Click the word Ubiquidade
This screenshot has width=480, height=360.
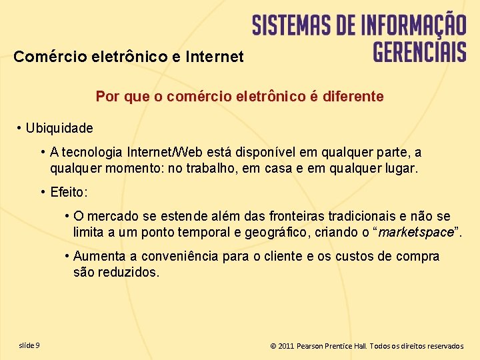(x=59, y=127)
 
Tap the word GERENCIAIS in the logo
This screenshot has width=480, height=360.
(x=419, y=51)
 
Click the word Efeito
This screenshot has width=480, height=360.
(x=68, y=193)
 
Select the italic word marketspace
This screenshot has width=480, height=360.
(x=415, y=233)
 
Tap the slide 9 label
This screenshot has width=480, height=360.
(x=29, y=345)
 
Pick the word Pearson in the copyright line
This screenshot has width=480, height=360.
(x=311, y=346)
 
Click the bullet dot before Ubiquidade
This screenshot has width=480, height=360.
(x=20, y=127)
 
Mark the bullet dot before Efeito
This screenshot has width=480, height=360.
(x=43, y=193)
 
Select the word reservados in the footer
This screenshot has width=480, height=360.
(x=445, y=346)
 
